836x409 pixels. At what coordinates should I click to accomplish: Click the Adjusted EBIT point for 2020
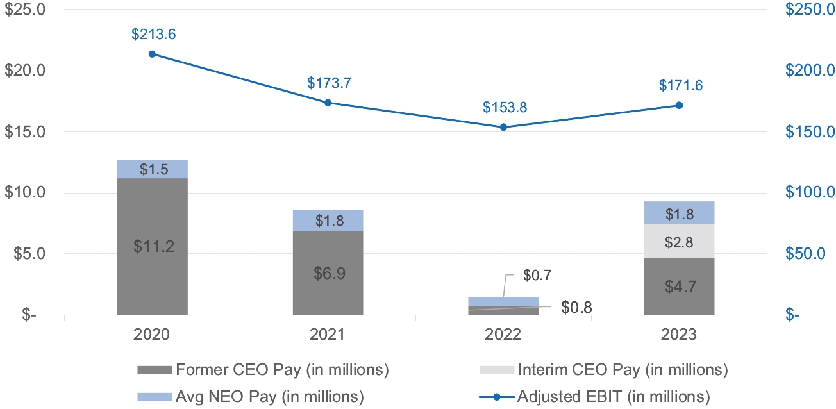(x=152, y=54)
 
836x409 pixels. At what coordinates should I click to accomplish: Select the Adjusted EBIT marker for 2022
(x=503, y=127)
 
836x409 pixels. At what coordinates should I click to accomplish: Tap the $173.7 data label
(x=329, y=83)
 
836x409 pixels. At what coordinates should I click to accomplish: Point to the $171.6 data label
(x=680, y=86)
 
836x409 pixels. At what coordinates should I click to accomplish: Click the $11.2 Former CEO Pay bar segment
(x=152, y=246)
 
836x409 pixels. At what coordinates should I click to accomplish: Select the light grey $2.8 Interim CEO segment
(x=679, y=241)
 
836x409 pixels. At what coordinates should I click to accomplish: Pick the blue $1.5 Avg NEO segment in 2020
(x=152, y=169)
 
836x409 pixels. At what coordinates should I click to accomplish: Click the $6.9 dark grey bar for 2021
(x=328, y=273)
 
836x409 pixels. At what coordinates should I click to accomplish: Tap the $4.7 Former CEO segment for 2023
(x=679, y=286)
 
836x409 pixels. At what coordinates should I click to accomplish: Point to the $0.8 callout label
(x=576, y=307)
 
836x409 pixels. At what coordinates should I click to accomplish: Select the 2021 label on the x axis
(x=328, y=335)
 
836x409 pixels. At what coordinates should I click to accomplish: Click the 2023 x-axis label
(x=679, y=335)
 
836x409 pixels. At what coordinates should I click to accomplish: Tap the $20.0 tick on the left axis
(x=25, y=71)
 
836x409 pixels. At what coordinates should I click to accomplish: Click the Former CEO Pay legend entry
(x=263, y=370)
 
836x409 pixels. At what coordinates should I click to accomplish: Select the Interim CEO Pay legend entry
(x=603, y=370)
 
